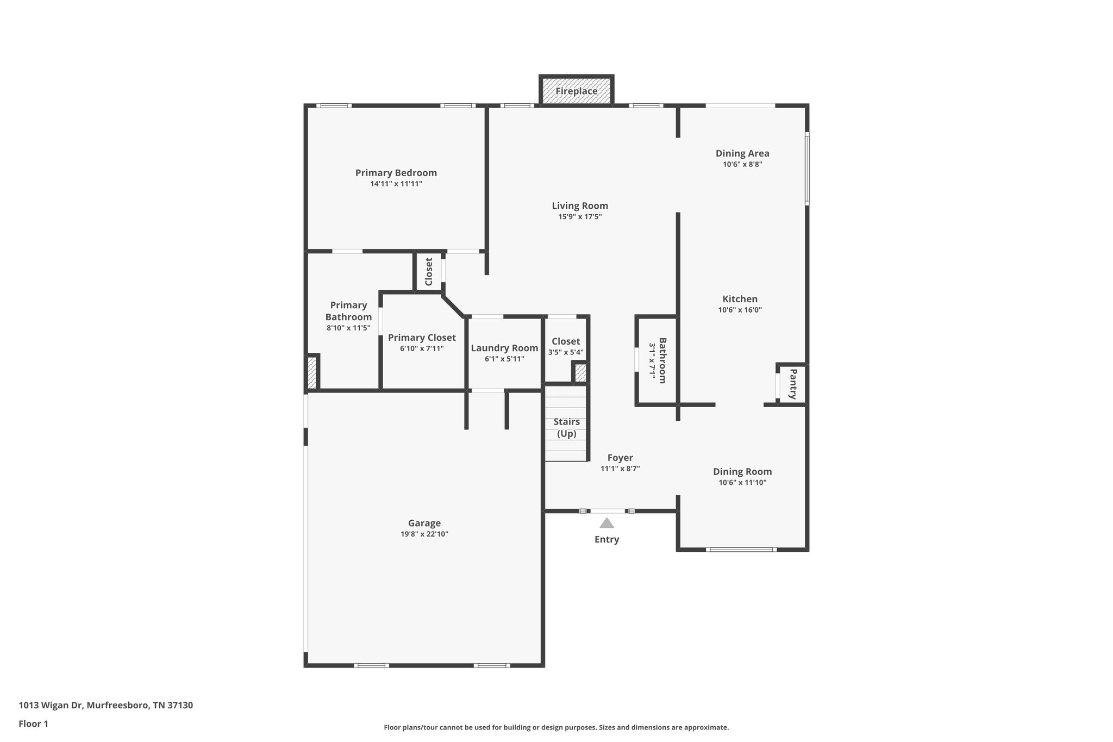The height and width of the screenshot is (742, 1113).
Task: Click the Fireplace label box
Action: [576, 91]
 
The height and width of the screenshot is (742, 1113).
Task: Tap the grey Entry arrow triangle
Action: [606, 523]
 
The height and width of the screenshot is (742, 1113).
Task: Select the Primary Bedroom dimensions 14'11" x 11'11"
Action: [396, 184]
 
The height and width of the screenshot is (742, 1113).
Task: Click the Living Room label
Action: [580, 205]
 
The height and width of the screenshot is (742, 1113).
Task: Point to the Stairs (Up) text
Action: [566, 428]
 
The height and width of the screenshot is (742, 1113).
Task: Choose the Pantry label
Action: [793, 384]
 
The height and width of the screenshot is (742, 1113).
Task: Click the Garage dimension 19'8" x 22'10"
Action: [424, 534]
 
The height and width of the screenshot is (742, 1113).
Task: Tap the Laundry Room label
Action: [504, 348]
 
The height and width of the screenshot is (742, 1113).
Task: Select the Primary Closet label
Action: [422, 338]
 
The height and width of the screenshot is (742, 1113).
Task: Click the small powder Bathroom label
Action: [662, 360]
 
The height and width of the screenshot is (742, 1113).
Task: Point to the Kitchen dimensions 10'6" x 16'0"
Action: [740, 310]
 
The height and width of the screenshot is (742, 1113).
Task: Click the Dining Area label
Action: [742, 153]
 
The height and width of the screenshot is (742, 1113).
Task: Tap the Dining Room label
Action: [742, 471]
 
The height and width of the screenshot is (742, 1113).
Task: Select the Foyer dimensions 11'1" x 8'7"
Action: [620, 469]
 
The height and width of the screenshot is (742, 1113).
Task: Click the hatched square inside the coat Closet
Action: [580, 373]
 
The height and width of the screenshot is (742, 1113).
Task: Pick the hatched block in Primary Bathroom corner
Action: [312, 372]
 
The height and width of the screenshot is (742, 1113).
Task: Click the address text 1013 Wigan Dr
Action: [51, 705]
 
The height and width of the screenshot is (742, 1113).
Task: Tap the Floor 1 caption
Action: [34, 724]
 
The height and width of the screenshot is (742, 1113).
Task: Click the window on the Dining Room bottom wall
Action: [741, 550]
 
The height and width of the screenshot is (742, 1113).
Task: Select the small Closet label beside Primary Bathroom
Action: [429, 271]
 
